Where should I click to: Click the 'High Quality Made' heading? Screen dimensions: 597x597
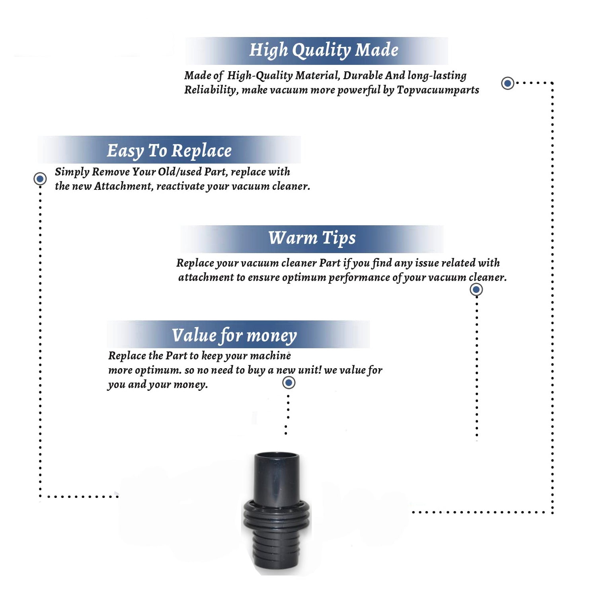(x=324, y=51)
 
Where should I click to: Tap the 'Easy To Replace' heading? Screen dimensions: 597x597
(x=169, y=151)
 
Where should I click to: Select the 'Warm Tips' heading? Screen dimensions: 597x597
(x=312, y=238)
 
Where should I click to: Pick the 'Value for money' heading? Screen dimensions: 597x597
(x=234, y=336)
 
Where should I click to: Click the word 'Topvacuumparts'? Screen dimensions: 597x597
(x=438, y=90)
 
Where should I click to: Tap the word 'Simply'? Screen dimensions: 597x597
(x=72, y=172)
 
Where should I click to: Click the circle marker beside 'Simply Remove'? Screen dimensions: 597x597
(x=40, y=179)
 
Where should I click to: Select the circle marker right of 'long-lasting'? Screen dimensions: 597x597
(x=507, y=83)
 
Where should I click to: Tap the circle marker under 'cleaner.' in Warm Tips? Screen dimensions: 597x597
(x=476, y=289)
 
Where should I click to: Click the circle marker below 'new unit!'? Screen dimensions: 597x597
(x=289, y=382)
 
